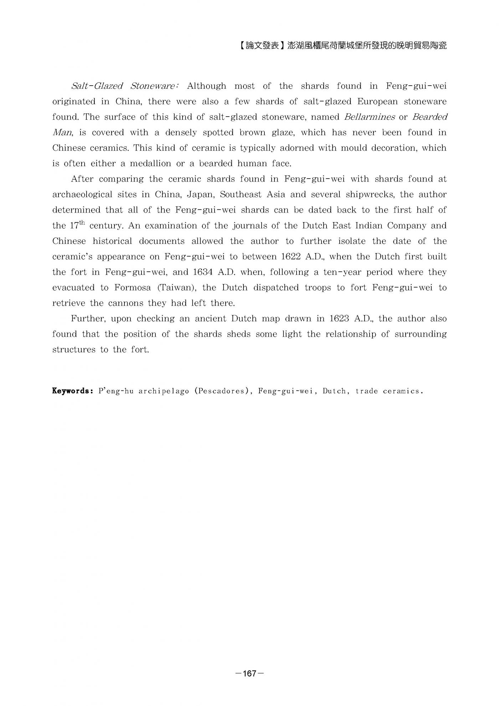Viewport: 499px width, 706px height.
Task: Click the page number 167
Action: pyautogui.click(x=249, y=673)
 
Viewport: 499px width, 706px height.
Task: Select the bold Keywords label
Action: pyautogui.click(x=73, y=391)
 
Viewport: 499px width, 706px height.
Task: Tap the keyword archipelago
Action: pyautogui.click(x=164, y=391)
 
